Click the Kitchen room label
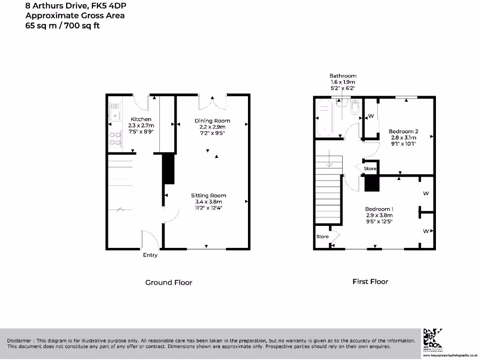[141, 120]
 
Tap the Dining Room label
[212, 121]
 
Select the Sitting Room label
[208, 195]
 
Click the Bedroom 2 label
[403, 131]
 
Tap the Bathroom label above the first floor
[343, 75]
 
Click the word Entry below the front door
[150, 255]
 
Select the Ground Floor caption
[168, 282]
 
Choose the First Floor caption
[370, 282]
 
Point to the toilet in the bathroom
[354, 108]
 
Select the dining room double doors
[212, 101]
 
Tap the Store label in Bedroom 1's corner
[322, 237]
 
